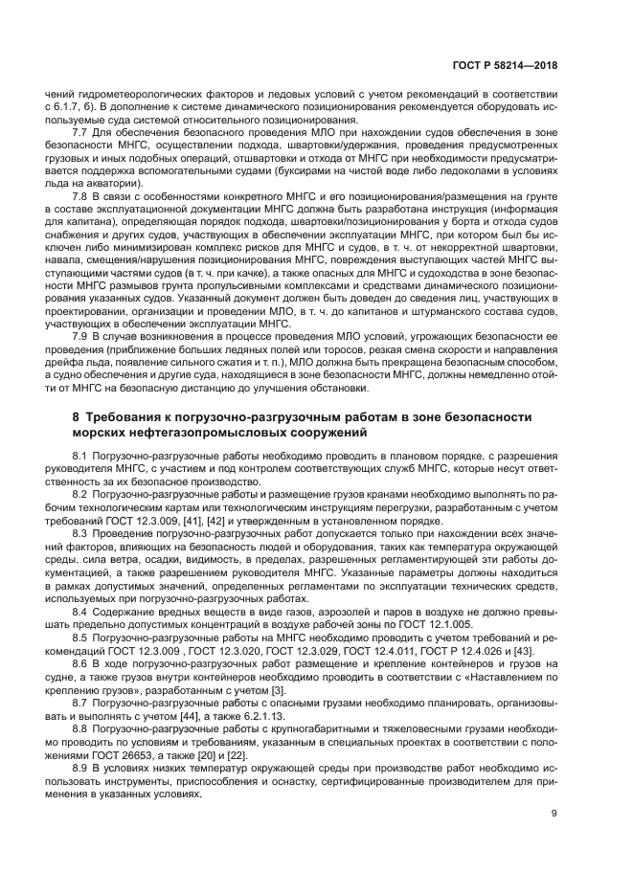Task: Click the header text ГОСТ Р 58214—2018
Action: [x=504, y=67]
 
